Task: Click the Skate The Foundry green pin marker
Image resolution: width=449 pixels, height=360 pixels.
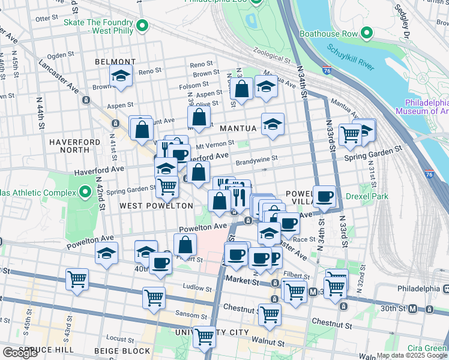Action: click(x=142, y=25)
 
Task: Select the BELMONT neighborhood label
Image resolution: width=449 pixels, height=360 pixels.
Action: click(x=115, y=62)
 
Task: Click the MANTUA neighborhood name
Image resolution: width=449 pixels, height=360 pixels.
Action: click(x=238, y=128)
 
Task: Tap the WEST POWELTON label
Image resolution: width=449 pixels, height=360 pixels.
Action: click(x=156, y=206)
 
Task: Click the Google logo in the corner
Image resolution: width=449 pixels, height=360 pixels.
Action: click(x=20, y=353)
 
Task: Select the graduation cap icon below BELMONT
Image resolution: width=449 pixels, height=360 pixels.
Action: click(x=121, y=77)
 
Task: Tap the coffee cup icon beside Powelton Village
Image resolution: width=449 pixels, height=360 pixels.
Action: click(x=325, y=196)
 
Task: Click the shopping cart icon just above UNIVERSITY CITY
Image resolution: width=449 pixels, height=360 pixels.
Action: click(x=204, y=337)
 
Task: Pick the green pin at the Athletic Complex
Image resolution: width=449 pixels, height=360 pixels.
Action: click(x=85, y=193)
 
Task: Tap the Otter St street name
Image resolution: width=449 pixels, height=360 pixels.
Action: click(x=46, y=19)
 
